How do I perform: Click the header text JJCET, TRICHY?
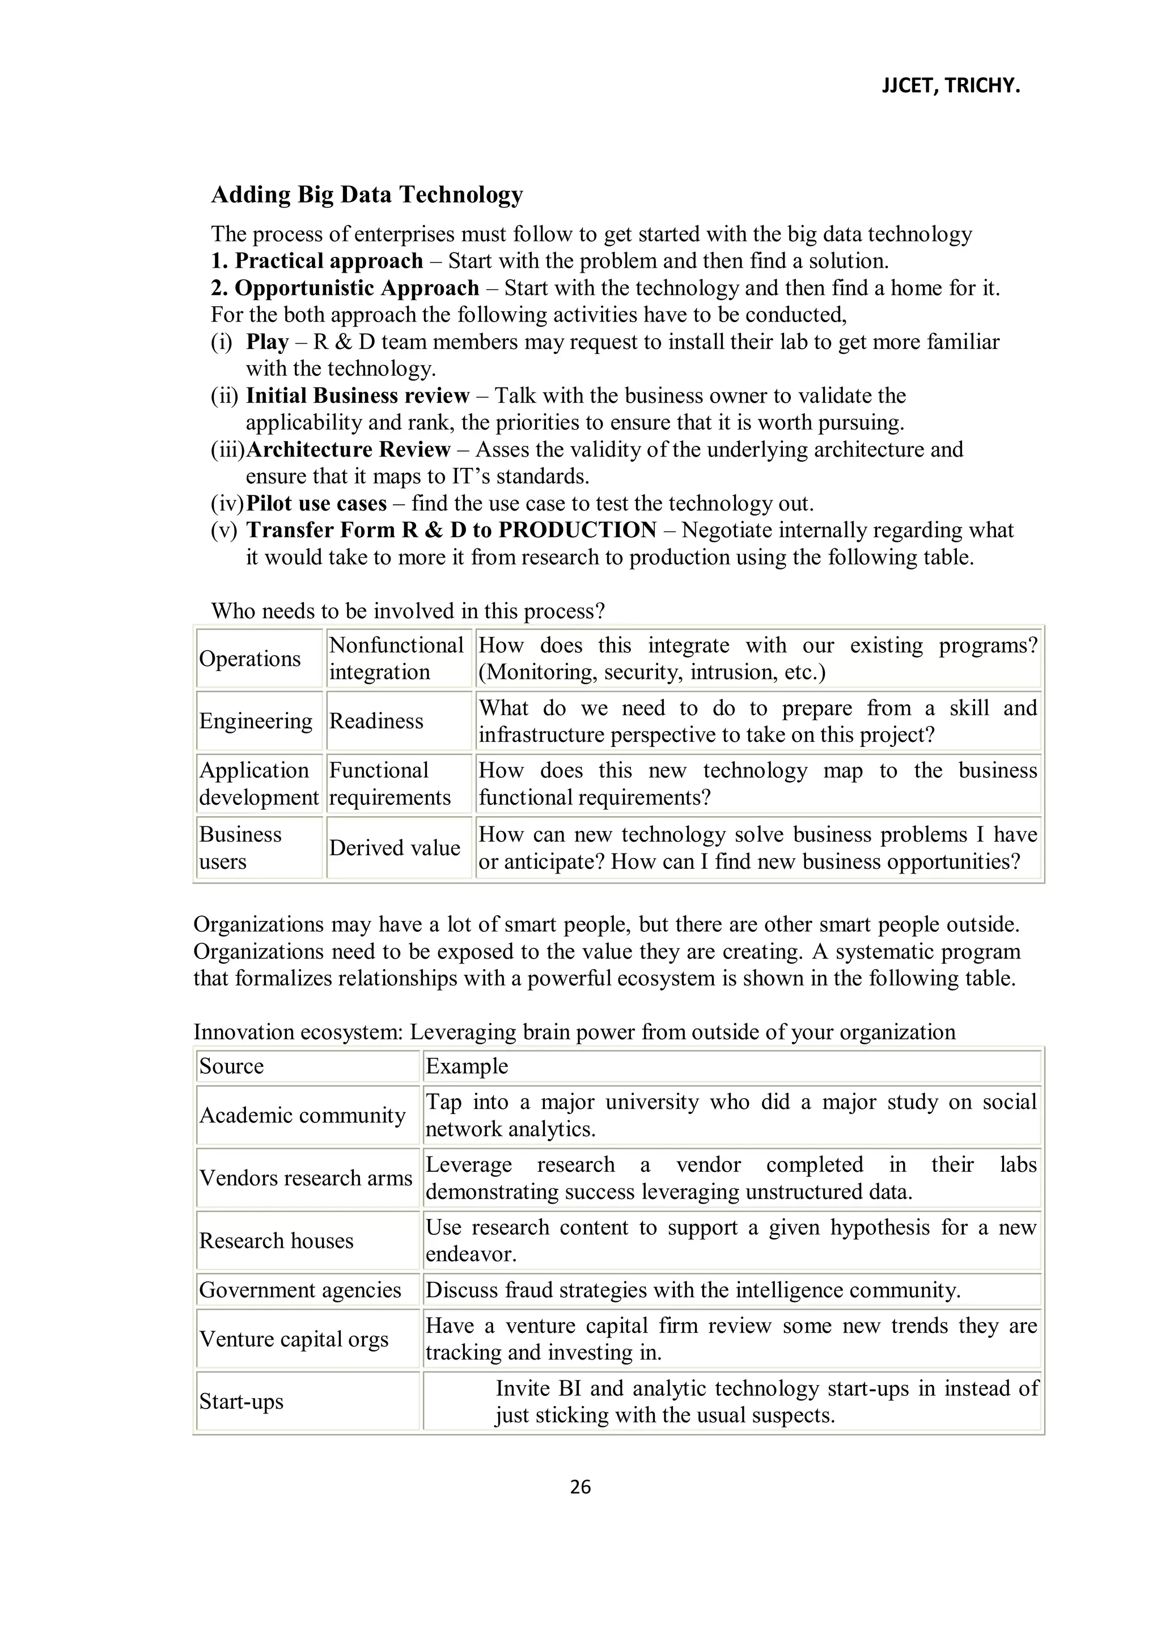click(x=950, y=87)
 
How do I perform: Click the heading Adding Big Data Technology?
click(x=367, y=195)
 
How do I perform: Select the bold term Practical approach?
click(x=329, y=261)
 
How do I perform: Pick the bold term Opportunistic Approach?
click(x=357, y=288)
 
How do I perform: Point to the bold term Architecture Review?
click(x=348, y=450)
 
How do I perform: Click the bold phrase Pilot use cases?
click(x=316, y=504)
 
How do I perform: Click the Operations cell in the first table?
click(x=250, y=659)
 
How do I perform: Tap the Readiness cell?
click(x=377, y=721)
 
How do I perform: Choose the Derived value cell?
click(x=395, y=848)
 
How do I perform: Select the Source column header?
click(x=232, y=1066)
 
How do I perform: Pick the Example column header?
click(x=467, y=1066)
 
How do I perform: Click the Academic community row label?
click(x=302, y=1116)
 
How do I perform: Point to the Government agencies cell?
click(x=300, y=1290)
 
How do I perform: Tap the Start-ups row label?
click(x=241, y=1402)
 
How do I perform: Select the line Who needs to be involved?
click(x=408, y=611)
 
